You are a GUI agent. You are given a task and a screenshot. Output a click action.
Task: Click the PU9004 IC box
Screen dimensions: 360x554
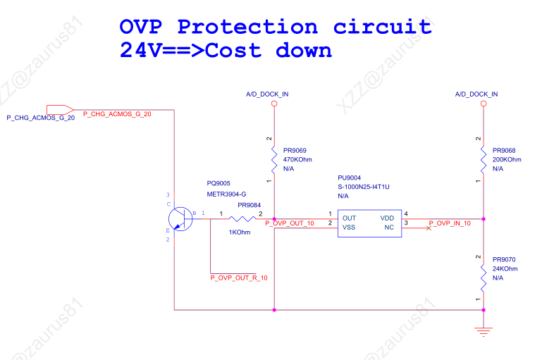point(369,223)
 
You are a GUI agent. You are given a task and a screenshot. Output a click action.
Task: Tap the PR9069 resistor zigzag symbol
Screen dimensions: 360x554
point(274,160)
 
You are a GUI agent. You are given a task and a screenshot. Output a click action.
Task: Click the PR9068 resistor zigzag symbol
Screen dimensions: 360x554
point(484,160)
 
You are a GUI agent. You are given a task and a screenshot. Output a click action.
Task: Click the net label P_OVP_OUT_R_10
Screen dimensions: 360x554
point(239,278)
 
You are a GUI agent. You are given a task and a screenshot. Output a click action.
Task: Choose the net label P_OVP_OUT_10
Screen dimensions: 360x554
point(290,223)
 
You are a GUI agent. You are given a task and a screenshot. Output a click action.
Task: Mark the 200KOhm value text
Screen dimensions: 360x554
point(507,160)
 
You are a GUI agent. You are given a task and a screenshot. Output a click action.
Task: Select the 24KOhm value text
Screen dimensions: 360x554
point(505,269)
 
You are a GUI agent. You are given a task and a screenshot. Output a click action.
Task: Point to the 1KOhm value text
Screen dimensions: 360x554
point(240,233)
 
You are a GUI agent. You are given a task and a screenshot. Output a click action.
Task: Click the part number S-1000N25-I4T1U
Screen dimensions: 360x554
point(364,187)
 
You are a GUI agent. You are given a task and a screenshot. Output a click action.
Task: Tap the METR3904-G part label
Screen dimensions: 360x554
point(226,194)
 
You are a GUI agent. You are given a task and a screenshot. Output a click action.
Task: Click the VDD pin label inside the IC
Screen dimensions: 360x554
point(387,218)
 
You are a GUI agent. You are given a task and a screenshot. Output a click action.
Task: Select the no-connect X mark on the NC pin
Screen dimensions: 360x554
point(429,228)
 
